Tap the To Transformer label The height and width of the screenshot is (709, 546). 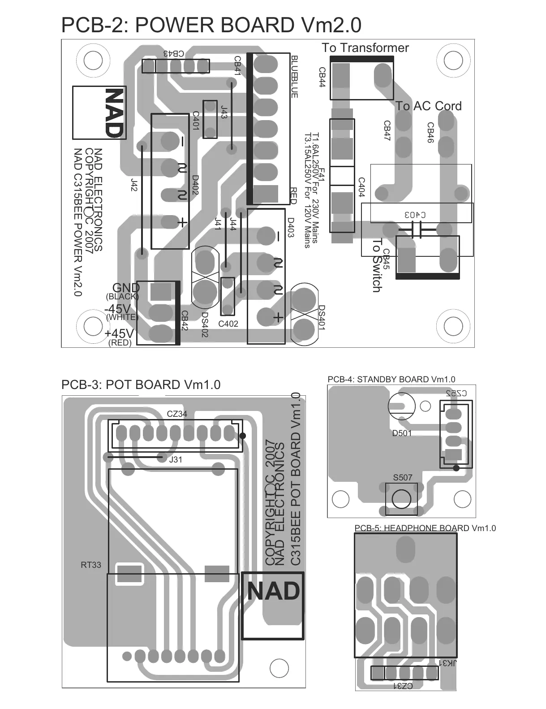(x=365, y=48)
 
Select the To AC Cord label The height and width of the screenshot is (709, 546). (x=428, y=106)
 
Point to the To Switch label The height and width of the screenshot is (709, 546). (x=377, y=265)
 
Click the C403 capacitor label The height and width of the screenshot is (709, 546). (x=415, y=215)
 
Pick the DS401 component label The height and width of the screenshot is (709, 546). (x=321, y=318)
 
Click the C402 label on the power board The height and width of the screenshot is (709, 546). (x=228, y=324)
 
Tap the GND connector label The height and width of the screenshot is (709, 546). (x=126, y=288)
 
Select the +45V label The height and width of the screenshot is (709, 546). (x=119, y=334)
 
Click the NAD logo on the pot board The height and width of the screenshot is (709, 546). (x=273, y=592)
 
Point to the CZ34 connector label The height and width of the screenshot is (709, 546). (x=177, y=414)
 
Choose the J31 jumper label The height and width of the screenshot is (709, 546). (x=176, y=460)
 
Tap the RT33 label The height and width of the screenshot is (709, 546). (x=91, y=565)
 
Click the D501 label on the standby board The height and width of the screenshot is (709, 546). (x=402, y=433)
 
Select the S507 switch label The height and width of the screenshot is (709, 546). (x=402, y=478)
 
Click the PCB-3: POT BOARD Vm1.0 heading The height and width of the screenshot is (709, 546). (x=141, y=385)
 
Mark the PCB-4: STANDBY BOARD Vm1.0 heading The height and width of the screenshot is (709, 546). (x=391, y=380)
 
